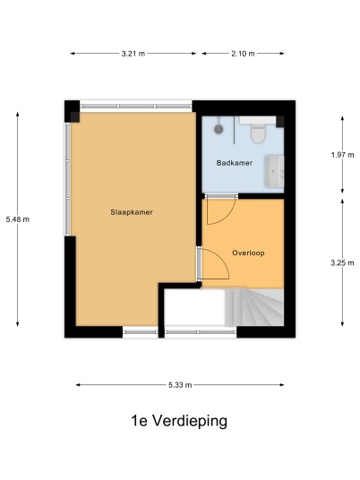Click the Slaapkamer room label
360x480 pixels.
[x=132, y=212]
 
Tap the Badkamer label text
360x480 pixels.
[x=235, y=163]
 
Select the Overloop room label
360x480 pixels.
[x=248, y=253]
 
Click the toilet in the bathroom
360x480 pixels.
[x=258, y=133]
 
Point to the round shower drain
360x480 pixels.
[x=219, y=129]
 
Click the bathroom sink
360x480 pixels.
[x=274, y=171]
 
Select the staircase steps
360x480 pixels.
[x=254, y=307]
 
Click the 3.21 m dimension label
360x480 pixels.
[x=133, y=54]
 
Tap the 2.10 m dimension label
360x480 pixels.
[x=243, y=54]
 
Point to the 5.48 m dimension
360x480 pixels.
[x=18, y=219]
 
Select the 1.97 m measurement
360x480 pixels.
[x=342, y=155]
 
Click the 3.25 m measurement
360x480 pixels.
[x=342, y=262]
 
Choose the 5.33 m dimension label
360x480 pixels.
[x=180, y=385]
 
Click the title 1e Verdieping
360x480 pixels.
[x=179, y=421]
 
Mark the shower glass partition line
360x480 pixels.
[x=235, y=130]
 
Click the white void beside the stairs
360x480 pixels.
[x=194, y=307]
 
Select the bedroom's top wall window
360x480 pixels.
[x=136, y=106]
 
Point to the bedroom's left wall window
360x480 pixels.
[x=68, y=179]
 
